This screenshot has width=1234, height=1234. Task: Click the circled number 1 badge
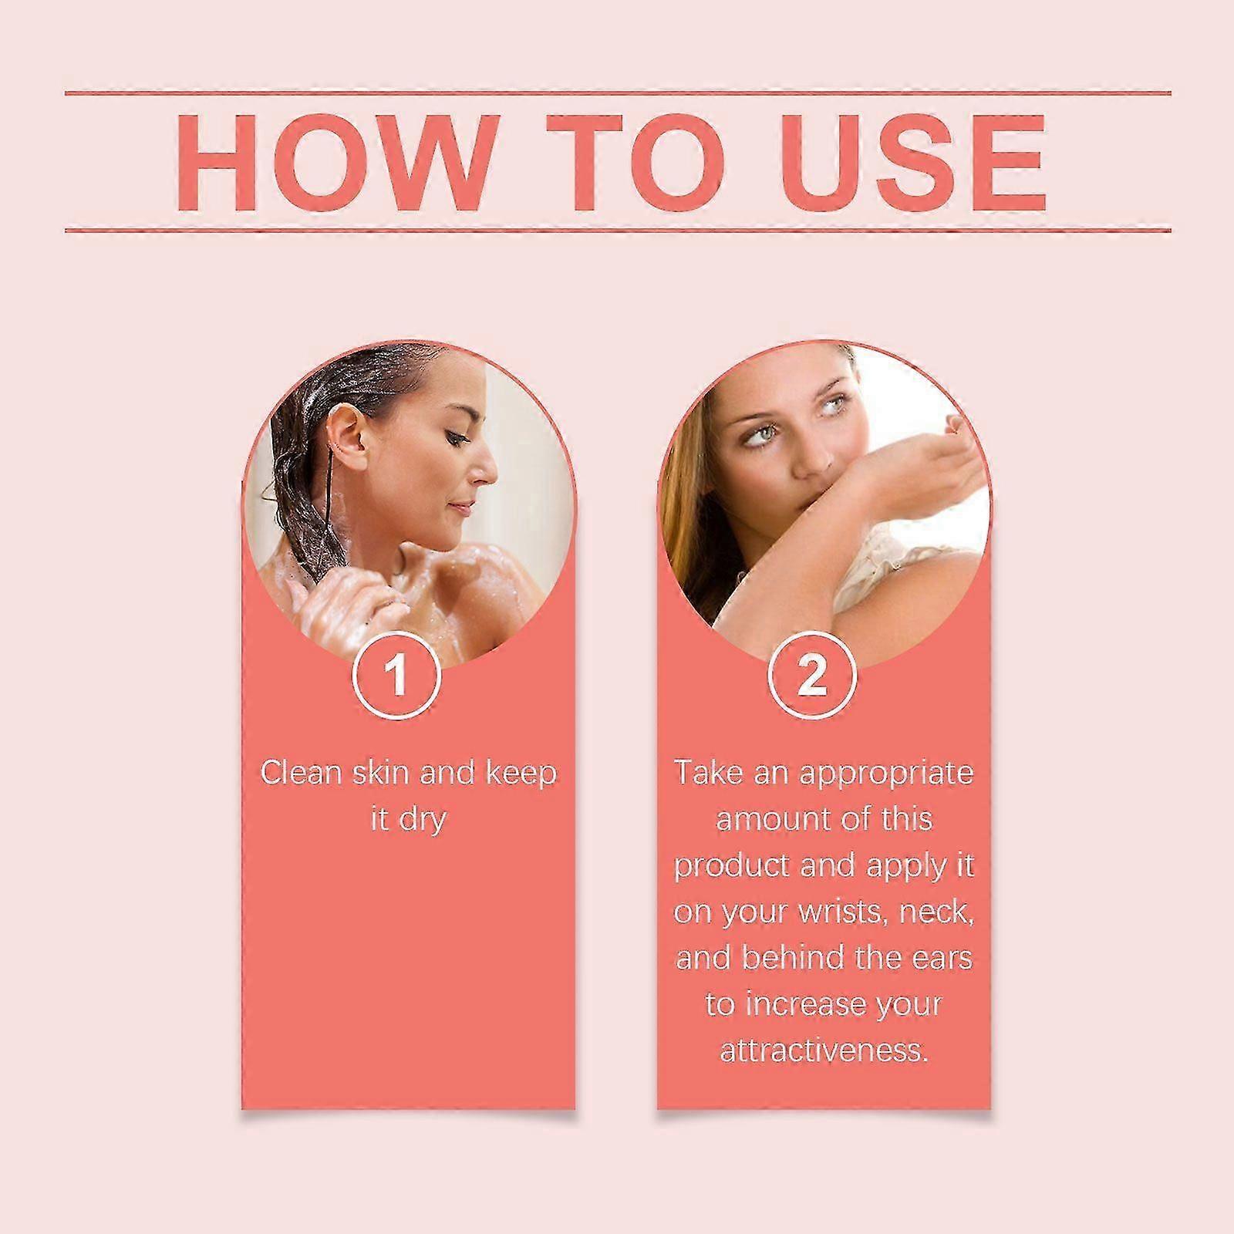pyautogui.click(x=396, y=676)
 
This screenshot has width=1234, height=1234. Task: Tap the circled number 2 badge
pyautogui.click(x=812, y=676)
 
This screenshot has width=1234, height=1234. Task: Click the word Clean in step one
pyautogui.click(x=302, y=772)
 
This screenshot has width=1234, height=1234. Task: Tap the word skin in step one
pyautogui.click(x=381, y=772)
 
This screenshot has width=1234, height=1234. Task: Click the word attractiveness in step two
pyautogui.click(x=824, y=1050)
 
